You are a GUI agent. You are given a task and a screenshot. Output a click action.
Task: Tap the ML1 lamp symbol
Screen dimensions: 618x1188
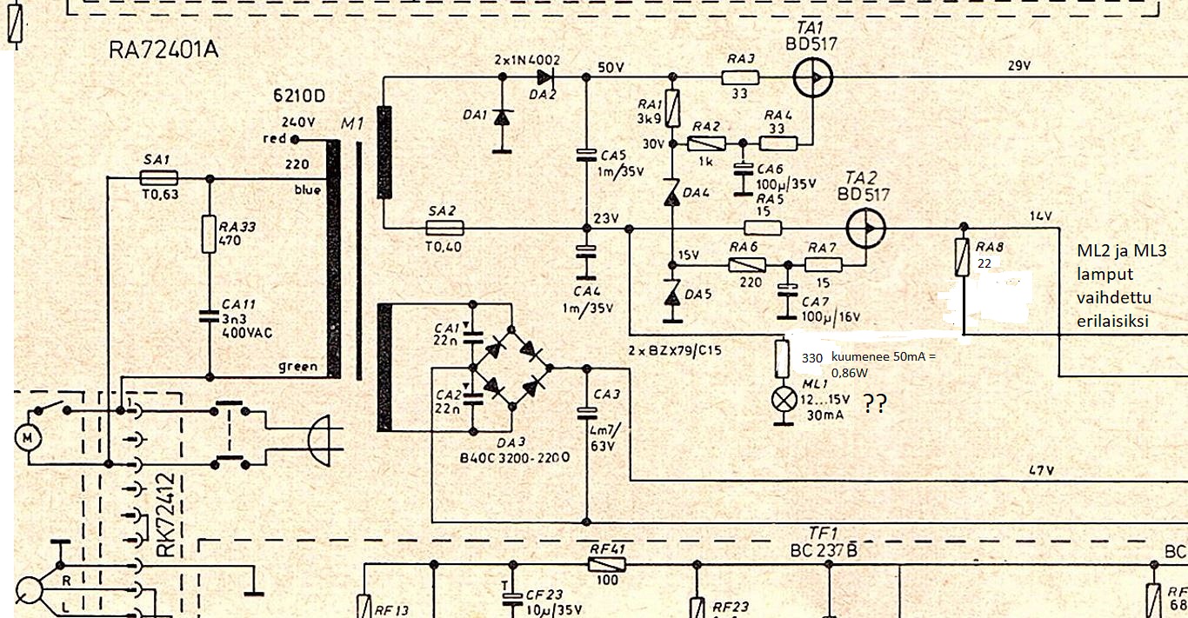pos(785,400)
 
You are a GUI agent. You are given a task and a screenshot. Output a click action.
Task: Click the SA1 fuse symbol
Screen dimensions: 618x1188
pos(159,177)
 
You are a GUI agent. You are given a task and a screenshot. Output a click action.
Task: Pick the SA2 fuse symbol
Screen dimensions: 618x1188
pos(444,229)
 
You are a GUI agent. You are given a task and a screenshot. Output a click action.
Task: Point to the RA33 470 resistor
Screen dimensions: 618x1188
pos(209,235)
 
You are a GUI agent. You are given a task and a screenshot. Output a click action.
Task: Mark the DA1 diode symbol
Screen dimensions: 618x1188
pos(501,117)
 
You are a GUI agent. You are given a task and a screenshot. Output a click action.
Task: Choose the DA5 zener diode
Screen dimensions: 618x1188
pos(671,296)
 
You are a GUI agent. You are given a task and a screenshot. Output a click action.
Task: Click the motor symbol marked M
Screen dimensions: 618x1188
pos(28,437)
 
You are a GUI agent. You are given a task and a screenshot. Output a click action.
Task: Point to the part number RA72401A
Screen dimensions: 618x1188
pos(164,50)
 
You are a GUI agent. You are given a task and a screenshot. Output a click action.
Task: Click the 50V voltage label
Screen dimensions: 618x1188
pos(611,66)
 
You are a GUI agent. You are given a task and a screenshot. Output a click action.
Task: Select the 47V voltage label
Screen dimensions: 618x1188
pos(1041,470)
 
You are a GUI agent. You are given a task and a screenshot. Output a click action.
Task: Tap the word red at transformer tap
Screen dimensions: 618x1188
pos(274,139)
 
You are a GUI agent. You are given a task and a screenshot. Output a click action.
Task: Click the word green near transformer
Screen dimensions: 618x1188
pos(297,366)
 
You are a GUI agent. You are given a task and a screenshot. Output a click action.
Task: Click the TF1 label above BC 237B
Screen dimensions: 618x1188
pos(822,533)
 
